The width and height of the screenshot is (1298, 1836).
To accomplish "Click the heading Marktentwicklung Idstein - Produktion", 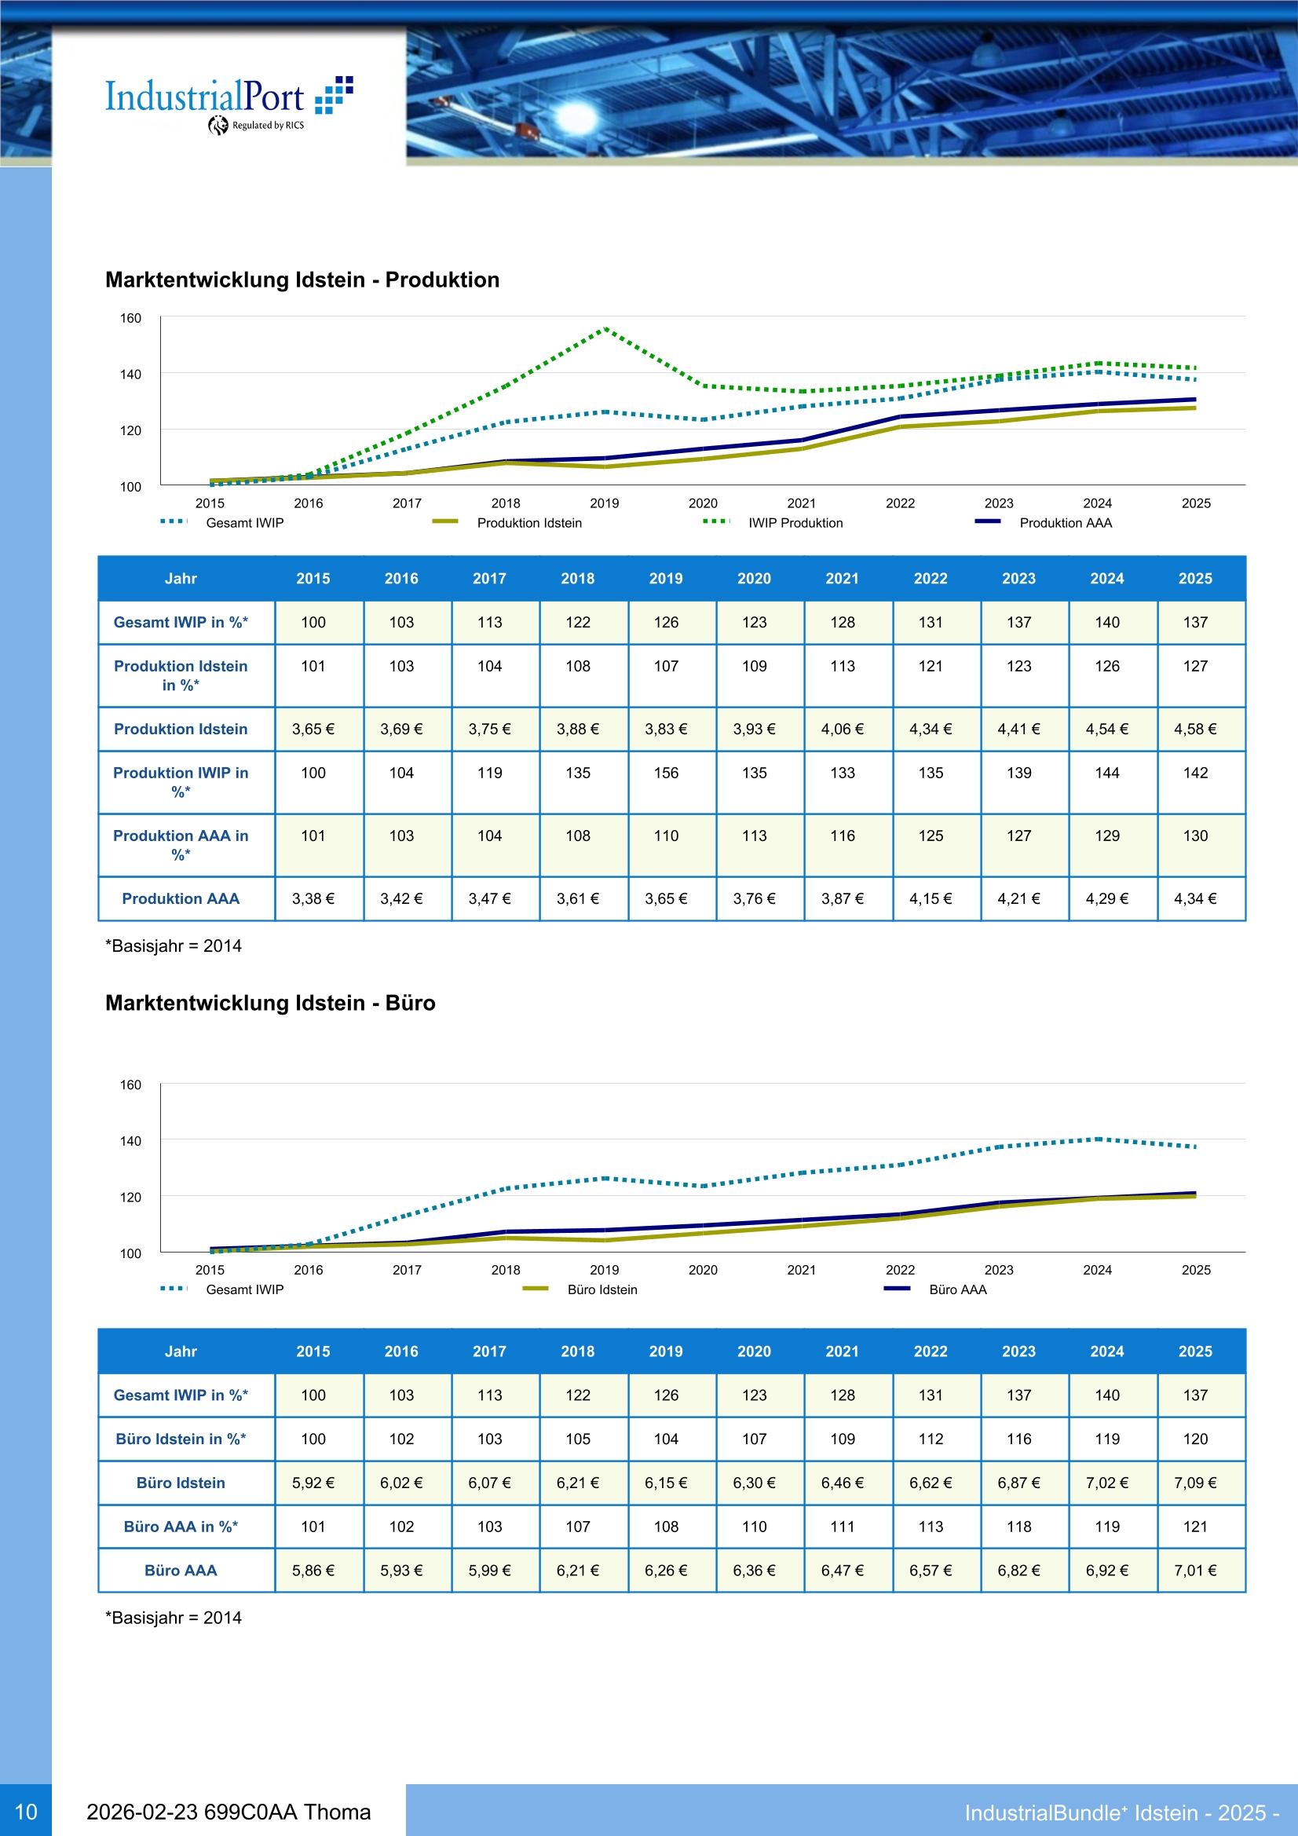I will [302, 280].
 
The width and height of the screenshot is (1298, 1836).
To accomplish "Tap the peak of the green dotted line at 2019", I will [605, 329].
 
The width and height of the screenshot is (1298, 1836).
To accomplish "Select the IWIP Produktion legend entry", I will [795, 523].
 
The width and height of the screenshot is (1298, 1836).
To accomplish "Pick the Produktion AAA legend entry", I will [1065, 523].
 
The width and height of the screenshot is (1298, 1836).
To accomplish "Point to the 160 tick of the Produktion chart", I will [130, 318].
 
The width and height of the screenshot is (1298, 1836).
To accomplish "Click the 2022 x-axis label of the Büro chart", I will [900, 1270].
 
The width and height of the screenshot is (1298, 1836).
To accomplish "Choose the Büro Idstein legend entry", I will [601, 1290].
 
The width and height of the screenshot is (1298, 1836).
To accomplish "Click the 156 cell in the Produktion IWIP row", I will [665, 774].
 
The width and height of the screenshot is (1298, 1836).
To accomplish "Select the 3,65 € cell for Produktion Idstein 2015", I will [313, 730].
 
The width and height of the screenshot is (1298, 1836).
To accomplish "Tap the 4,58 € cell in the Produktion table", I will [1195, 730].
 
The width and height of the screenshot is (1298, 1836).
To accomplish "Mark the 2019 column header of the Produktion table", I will [665, 578].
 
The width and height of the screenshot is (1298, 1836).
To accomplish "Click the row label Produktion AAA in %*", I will [181, 844].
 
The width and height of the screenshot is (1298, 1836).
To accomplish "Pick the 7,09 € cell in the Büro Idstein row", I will [1195, 1483].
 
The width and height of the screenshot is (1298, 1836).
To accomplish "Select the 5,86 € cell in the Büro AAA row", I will [313, 1571].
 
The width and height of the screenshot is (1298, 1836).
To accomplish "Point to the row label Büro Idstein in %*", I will [181, 1439].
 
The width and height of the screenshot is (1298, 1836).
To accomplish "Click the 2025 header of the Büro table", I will [1195, 1351].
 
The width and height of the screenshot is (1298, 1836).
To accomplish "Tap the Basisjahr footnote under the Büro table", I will [174, 1618].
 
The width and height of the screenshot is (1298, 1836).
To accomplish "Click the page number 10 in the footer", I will [26, 1812].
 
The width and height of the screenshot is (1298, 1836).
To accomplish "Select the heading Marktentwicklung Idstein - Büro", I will [270, 1003].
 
